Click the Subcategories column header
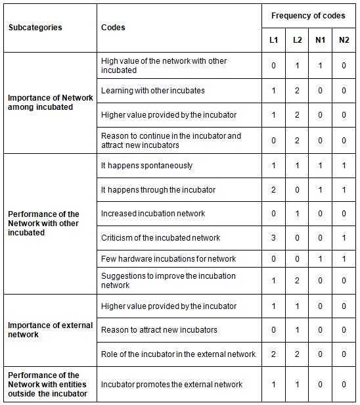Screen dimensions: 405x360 [x=35, y=28]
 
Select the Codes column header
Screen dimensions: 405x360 [x=113, y=28]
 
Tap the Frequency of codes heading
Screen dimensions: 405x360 [x=308, y=16]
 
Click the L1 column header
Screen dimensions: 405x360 [x=274, y=40]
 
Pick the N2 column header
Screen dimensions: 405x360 [x=344, y=40]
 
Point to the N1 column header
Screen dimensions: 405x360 [x=320, y=40]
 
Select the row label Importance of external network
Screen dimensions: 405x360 [x=50, y=330]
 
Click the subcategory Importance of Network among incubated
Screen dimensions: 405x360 [x=50, y=102]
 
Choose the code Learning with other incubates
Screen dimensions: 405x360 [x=152, y=90]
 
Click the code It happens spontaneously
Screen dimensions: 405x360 [x=146, y=166]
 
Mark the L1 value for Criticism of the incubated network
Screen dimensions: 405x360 [x=274, y=237]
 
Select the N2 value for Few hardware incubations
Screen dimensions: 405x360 [x=344, y=259]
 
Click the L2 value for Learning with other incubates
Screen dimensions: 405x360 [x=297, y=90]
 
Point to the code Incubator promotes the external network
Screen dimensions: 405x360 [x=171, y=385]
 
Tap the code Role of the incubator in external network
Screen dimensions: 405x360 [x=178, y=354]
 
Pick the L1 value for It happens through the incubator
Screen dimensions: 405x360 [x=274, y=190]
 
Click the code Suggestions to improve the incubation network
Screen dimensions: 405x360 [x=168, y=281]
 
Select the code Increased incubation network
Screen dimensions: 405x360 [x=153, y=214]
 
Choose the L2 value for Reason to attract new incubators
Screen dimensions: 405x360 [x=297, y=330]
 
